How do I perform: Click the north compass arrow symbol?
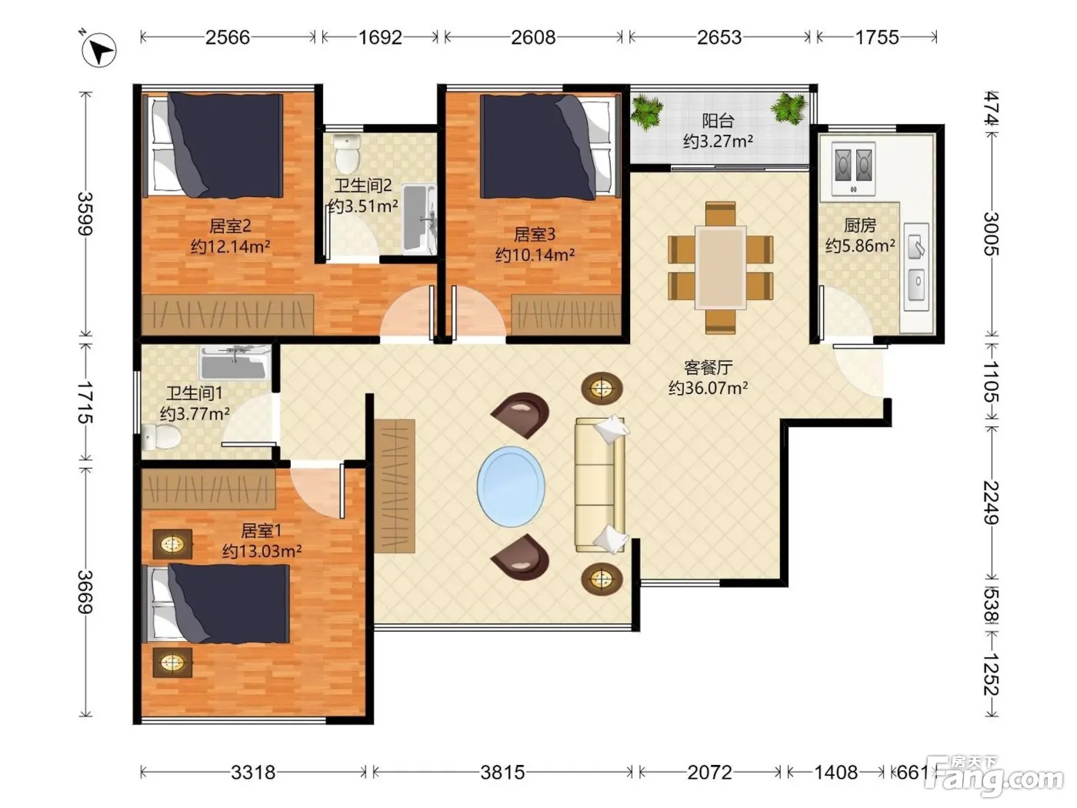point(98,49)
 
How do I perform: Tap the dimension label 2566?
point(227,37)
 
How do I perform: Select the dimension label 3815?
point(502,773)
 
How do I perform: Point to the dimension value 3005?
point(991,234)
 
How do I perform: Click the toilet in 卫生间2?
point(347,152)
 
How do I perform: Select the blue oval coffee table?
point(511,486)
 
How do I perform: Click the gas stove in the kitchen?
point(854,168)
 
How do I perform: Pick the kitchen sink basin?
point(916,285)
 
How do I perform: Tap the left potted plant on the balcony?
point(647,112)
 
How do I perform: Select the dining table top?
point(721,267)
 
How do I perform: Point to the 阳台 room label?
point(718,121)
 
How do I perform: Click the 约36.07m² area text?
point(708,388)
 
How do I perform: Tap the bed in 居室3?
point(548,147)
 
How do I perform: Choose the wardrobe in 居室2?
point(228,315)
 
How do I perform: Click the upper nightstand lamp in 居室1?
point(172,543)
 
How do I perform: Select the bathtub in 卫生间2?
point(419,219)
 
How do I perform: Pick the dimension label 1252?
point(991,674)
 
